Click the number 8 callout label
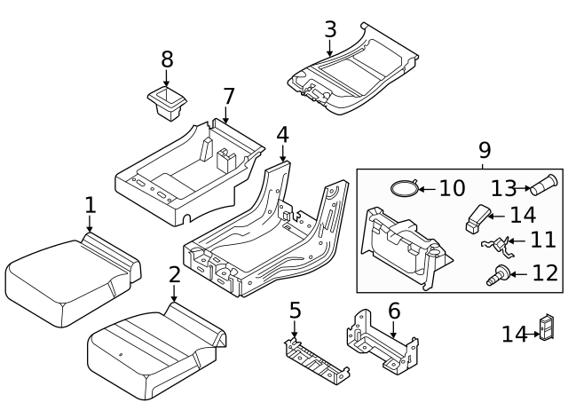167,60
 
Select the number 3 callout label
330,28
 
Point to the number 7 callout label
228,96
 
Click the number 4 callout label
282,135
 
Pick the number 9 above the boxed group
484,151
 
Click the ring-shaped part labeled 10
405,188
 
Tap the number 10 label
451,188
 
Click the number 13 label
504,187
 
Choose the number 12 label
545,273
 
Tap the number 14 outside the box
514,334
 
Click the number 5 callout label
295,311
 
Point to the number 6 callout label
394,311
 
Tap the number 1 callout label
90,205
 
